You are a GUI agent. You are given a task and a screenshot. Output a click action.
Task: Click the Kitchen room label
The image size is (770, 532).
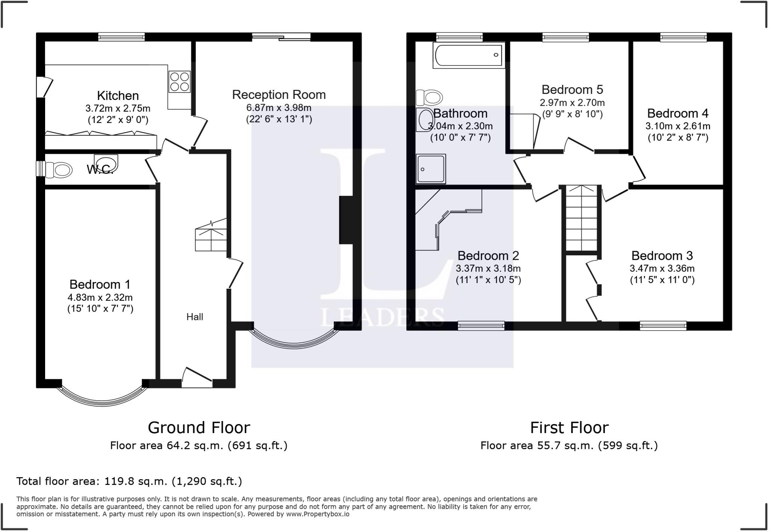(x=118, y=95)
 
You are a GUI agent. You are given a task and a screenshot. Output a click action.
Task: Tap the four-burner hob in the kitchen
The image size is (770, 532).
(x=179, y=82)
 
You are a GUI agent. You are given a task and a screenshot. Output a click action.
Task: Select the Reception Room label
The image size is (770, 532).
(x=279, y=94)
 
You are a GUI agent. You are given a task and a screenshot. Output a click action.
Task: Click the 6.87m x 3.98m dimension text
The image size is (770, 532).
(x=279, y=108)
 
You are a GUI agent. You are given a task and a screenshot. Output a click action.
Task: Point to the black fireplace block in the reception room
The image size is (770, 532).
(x=346, y=220)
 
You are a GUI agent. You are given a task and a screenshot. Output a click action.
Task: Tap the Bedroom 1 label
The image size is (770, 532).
(x=100, y=284)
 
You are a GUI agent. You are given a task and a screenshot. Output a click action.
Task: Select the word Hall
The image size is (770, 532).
(x=195, y=317)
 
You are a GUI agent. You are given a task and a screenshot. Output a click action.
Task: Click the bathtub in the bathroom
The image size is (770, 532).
(x=469, y=55)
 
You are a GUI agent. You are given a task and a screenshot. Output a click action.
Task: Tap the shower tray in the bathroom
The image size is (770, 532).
(x=430, y=169)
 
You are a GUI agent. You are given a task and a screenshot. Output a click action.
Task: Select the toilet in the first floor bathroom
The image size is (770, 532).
(x=429, y=98)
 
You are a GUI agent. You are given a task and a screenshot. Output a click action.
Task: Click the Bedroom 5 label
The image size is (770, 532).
(x=572, y=89)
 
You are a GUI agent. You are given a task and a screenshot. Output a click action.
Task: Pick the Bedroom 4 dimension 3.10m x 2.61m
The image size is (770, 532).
(x=678, y=126)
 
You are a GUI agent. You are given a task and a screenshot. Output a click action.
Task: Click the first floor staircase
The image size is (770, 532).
(x=582, y=218)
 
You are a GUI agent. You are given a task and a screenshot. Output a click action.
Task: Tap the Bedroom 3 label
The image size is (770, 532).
(x=662, y=256)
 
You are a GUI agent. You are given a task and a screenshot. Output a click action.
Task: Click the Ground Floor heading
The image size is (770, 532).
(x=199, y=427)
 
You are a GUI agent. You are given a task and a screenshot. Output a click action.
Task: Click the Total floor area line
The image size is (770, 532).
(x=129, y=481)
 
